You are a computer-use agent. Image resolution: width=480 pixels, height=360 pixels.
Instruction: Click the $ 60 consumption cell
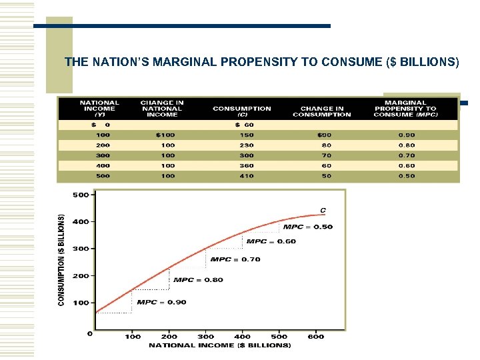coord(245,125)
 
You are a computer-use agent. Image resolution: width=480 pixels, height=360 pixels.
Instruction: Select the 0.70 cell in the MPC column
coord(407,156)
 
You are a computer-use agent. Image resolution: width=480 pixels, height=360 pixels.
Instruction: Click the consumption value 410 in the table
coord(247,176)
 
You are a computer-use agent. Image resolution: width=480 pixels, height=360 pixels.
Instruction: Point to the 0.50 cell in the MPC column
coord(407,176)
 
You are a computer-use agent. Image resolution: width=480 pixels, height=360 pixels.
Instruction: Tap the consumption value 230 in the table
coord(247,145)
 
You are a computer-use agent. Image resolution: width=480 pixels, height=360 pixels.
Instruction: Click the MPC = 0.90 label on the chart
coord(162,302)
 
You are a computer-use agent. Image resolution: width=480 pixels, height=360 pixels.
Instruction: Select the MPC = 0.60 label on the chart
coord(271,241)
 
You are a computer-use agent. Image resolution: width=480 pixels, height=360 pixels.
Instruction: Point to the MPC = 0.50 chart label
coord(308,227)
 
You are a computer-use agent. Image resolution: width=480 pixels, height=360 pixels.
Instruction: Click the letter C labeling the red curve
coord(323,211)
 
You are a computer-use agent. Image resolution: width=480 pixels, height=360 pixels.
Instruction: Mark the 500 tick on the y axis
coord(81,195)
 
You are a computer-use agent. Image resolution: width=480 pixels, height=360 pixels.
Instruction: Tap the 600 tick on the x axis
coord(316,337)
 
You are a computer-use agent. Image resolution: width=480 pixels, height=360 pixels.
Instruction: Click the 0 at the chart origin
coord(90,333)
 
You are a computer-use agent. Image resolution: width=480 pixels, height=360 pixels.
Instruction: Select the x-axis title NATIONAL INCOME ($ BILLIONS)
coord(220,345)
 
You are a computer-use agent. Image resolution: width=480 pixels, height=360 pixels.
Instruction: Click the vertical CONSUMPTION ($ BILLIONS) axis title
coord(62,260)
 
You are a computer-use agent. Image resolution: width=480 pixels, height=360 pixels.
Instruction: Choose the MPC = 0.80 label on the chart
coord(199,280)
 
